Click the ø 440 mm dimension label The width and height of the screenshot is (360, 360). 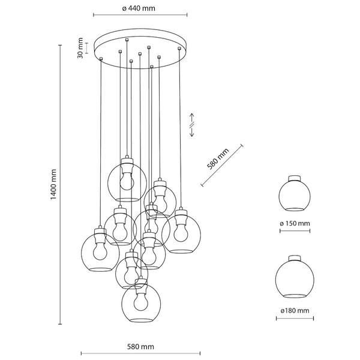[x=140, y=8]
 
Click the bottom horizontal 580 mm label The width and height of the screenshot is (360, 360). [x=140, y=347]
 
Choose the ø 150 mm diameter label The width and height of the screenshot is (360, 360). [x=295, y=224]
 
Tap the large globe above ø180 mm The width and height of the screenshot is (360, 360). [x=294, y=279]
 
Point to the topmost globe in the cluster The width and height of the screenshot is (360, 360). [x=127, y=181]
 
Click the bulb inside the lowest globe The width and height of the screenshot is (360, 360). [x=141, y=301]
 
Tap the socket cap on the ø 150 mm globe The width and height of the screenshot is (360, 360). [x=295, y=178]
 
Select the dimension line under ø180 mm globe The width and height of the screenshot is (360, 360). [x=294, y=320]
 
